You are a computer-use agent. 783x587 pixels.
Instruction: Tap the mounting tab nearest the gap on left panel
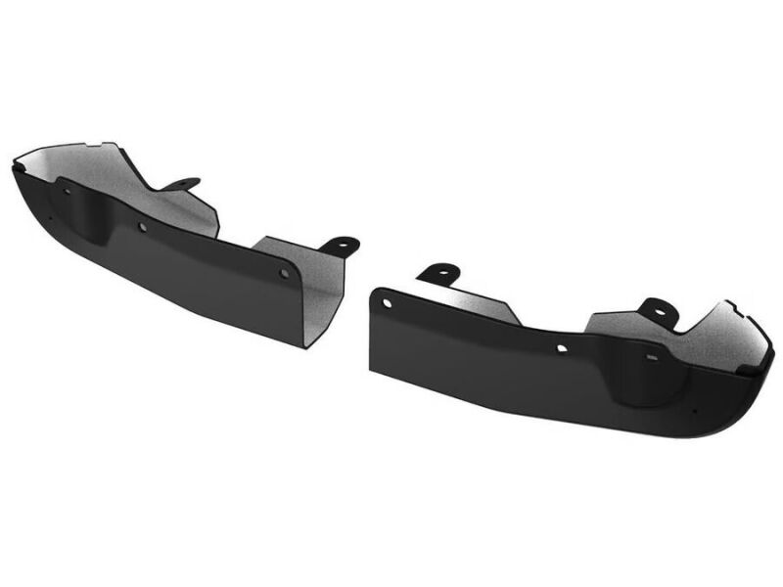pyautogui.click(x=342, y=243)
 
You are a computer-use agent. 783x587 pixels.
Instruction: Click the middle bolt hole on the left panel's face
pyautogui.click(x=143, y=227)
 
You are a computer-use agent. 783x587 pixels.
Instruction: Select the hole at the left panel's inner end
pyautogui.click(x=284, y=274)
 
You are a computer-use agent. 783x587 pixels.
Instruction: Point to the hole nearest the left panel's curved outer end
pyautogui.click(x=67, y=191)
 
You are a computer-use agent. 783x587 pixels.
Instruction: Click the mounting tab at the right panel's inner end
pyautogui.click(x=438, y=271)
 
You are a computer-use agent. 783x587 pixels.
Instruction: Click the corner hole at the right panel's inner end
pyautogui.click(x=388, y=303)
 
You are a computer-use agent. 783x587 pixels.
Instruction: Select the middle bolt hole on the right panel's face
pyautogui.click(x=562, y=347)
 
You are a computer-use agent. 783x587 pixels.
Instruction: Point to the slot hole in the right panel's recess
pyautogui.click(x=650, y=359)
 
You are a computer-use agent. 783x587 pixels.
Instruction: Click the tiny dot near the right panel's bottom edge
pyautogui.click(x=695, y=410)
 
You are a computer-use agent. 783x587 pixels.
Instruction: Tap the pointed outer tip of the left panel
pyautogui.click(x=15, y=166)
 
